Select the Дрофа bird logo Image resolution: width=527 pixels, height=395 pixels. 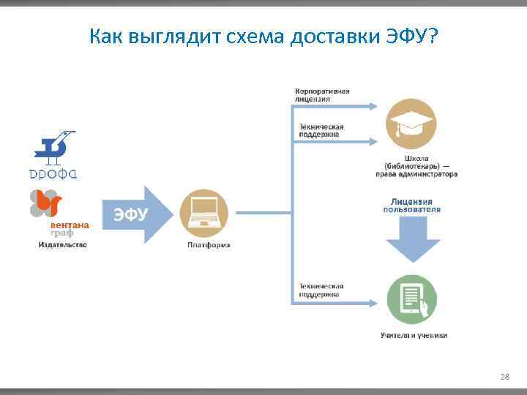coord(56,148)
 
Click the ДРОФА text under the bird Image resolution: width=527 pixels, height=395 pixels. coord(53,174)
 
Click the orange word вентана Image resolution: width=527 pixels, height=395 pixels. coord(70,225)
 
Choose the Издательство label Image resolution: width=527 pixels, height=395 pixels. coord(62,244)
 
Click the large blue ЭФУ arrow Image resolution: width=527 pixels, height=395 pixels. coord(135,214)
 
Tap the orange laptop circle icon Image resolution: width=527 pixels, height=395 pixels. coord(204,214)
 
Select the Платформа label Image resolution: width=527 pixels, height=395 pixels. coord(209,245)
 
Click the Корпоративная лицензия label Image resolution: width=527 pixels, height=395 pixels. coord(322,94)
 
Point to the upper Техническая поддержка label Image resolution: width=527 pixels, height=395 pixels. coord(321,130)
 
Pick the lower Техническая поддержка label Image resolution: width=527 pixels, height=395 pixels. coord(321,290)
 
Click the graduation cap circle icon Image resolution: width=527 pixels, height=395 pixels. coord(411,123)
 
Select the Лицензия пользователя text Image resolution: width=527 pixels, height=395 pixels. coord(411,205)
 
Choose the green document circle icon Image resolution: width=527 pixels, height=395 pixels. coord(413,299)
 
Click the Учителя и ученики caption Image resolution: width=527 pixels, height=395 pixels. coord(414,336)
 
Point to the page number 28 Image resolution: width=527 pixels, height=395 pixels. coord(504,377)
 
